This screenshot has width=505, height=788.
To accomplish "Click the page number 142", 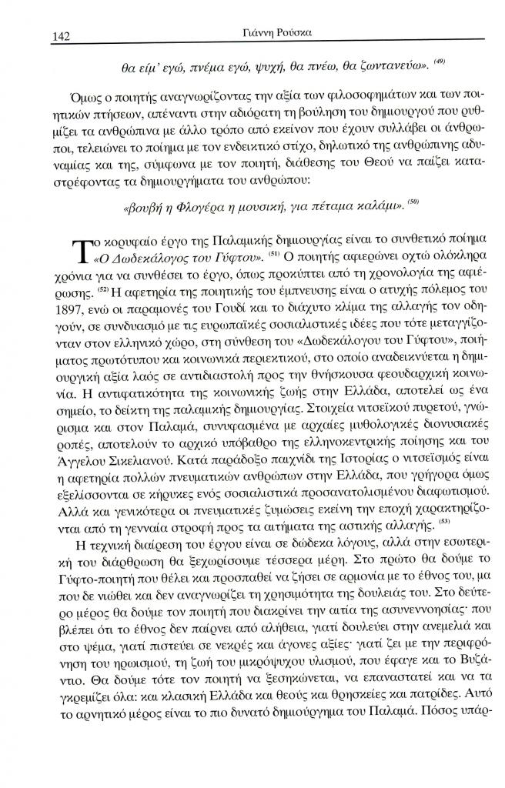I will (x=61, y=33).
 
